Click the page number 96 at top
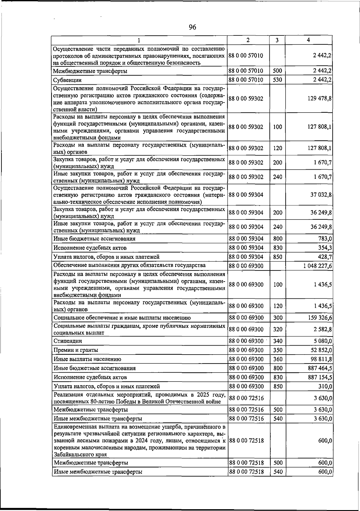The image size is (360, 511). [192, 27]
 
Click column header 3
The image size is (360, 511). [277, 40]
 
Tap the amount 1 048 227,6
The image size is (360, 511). [317, 266]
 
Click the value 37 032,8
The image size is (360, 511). [321, 195]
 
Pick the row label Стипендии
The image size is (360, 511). [68, 341]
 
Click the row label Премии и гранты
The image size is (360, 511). [76, 350]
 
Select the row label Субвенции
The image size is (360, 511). [67, 80]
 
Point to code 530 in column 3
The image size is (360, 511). [277, 80]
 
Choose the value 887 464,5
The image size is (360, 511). [319, 368]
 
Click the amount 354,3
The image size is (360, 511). [325, 248]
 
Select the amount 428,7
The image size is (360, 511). [325, 257]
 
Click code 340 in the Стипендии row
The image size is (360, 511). [278, 341]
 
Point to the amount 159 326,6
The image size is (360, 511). [319, 318]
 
